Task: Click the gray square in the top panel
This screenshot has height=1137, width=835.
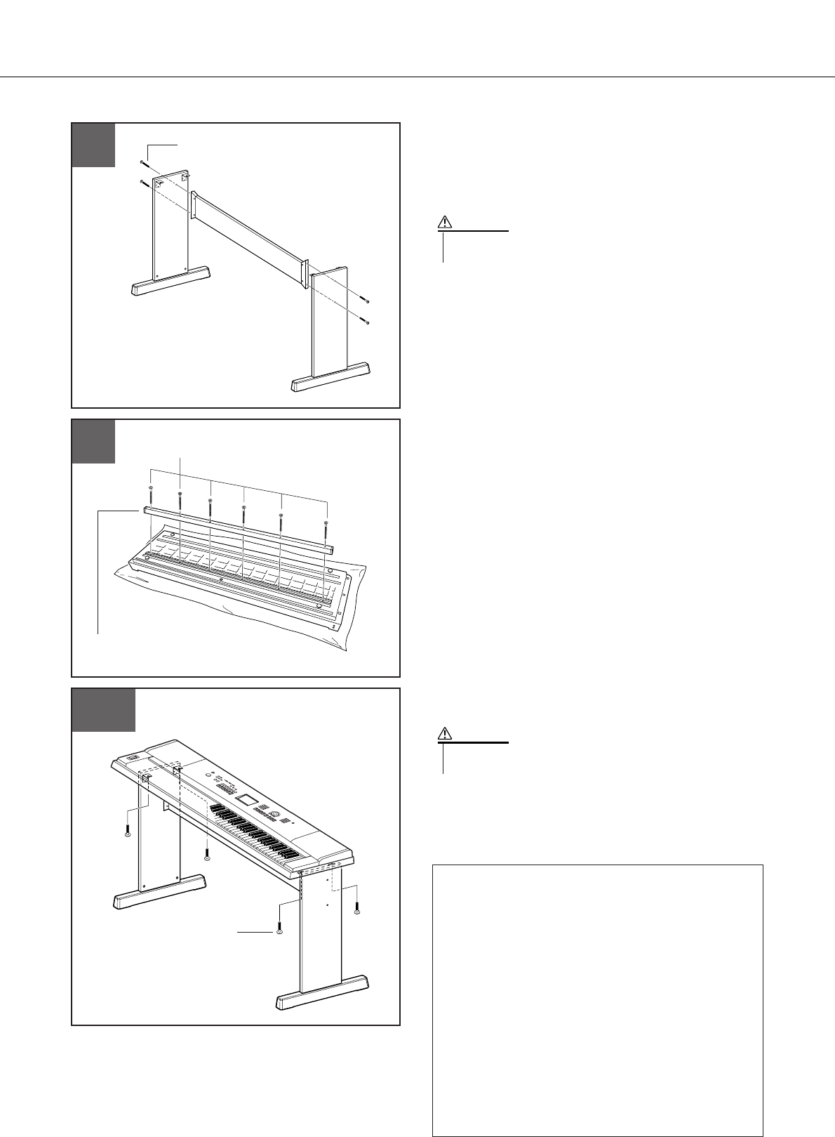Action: tap(94, 145)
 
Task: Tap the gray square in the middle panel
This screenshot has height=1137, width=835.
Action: tap(94, 442)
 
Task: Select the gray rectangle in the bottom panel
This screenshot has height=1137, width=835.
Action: tap(105, 710)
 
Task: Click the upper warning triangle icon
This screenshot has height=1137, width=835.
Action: tap(445, 223)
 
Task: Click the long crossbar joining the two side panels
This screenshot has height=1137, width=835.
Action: tap(249, 232)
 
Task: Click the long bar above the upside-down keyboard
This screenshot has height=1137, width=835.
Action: tap(239, 527)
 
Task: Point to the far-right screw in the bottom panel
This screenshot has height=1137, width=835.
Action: tap(357, 910)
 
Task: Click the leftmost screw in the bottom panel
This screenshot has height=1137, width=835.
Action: tap(127, 833)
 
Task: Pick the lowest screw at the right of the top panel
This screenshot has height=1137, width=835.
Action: tap(366, 322)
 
